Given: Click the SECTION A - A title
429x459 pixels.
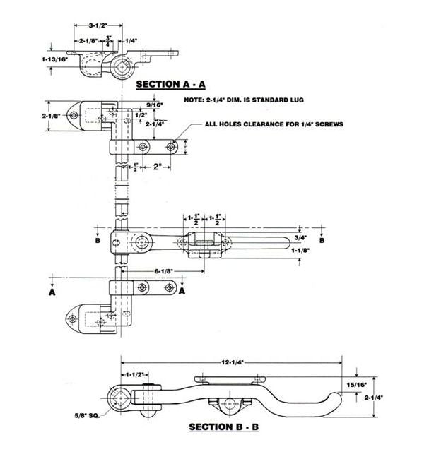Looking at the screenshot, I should point(170,84).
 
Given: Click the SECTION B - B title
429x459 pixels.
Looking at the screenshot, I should point(225,427).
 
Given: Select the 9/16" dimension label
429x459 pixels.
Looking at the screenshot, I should point(155,105).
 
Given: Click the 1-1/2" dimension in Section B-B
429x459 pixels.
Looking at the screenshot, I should point(135,374).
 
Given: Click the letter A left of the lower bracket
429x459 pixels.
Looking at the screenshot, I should point(54,290).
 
